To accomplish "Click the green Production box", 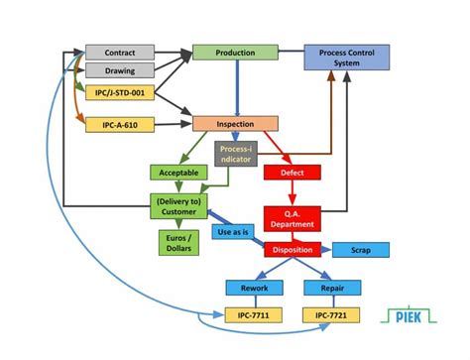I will pyautogui.click(x=235, y=53).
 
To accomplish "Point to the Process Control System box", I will pyautogui.click(x=346, y=58).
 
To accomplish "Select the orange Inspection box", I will pyautogui.click(x=235, y=125).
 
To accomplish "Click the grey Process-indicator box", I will pyautogui.click(x=236, y=154).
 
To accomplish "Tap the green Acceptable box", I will pyautogui.click(x=178, y=173).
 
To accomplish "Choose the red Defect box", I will pyautogui.click(x=293, y=173).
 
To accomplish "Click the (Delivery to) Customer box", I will pyautogui.click(x=178, y=206).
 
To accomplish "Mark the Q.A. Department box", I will pyautogui.click(x=293, y=217).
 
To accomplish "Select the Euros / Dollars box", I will pyautogui.click(x=178, y=242).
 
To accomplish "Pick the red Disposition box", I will pyautogui.click(x=293, y=250).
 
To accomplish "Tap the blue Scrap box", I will pyautogui.click(x=360, y=250).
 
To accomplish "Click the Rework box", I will pyautogui.click(x=254, y=289).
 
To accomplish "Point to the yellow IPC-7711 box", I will pyautogui.click(x=254, y=315).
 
